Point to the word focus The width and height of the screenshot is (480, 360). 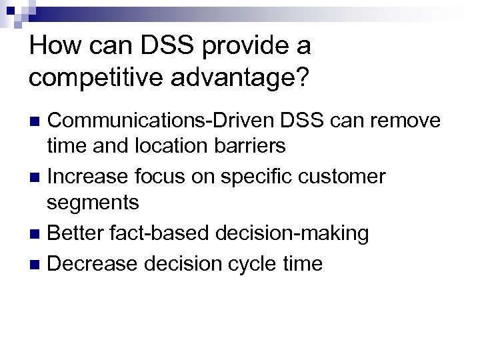click(165, 177)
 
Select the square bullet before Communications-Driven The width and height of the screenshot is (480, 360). click(38, 121)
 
